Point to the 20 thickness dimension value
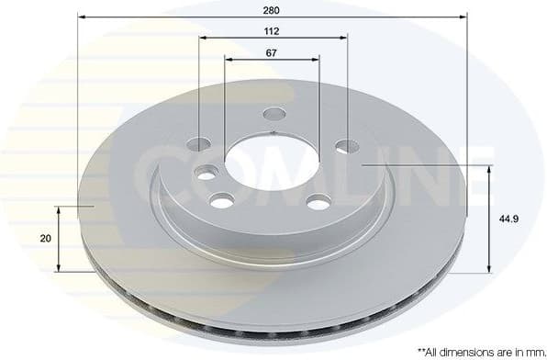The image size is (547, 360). point(45,238)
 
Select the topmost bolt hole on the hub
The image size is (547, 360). point(273,115)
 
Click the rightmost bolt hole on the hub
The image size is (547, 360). point(346,146)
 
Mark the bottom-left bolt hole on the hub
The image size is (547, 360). point(220,201)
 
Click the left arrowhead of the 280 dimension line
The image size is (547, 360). point(82,17)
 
